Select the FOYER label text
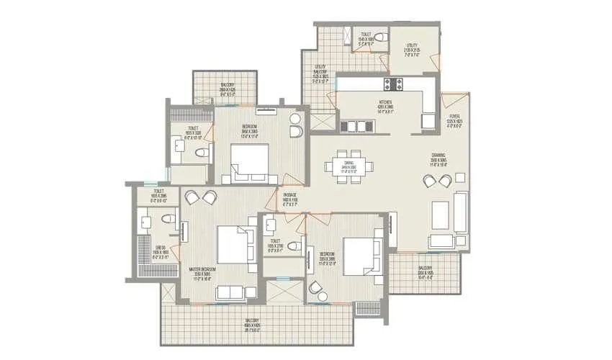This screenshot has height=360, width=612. (454, 119)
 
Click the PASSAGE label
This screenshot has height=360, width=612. (289, 199)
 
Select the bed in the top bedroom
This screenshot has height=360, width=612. (249, 162)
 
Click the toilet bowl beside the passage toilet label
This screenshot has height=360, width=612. (294, 246)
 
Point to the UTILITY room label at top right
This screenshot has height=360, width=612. (412, 51)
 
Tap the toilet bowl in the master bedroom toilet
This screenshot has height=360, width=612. (166, 218)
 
